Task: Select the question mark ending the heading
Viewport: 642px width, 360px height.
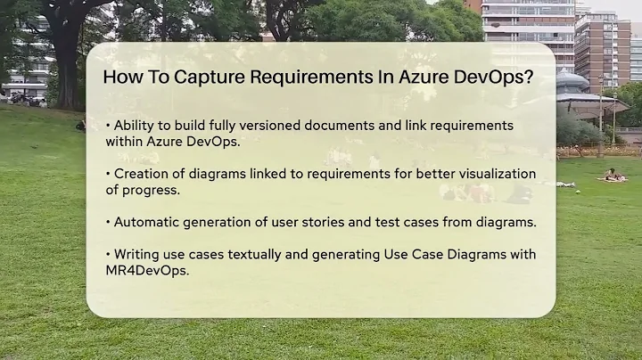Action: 529,76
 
